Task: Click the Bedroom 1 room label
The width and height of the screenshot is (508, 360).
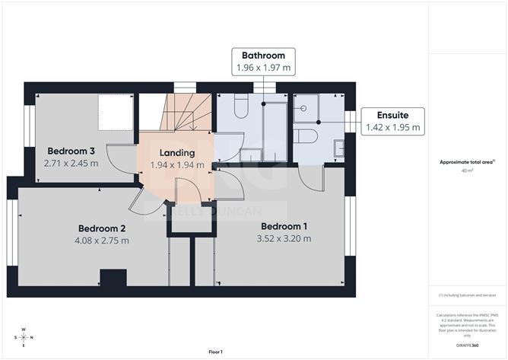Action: tap(284, 226)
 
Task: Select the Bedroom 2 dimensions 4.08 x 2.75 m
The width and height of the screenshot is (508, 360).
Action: tap(102, 241)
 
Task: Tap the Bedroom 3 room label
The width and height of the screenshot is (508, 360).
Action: tap(71, 150)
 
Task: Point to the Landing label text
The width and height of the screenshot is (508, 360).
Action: tap(176, 152)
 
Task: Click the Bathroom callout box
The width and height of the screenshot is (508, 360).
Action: tap(263, 62)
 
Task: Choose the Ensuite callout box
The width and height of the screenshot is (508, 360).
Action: tap(393, 120)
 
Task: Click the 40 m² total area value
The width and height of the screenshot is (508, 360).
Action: tap(467, 170)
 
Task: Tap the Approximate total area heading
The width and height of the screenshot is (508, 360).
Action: tap(467, 162)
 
